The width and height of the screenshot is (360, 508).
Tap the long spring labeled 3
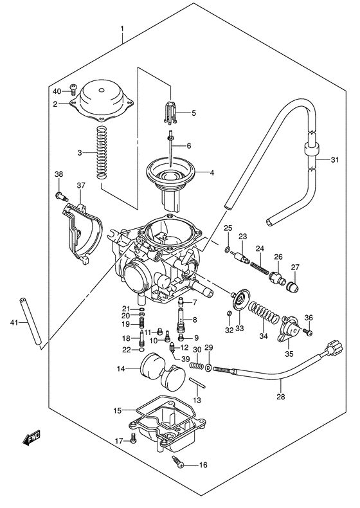click(100, 153)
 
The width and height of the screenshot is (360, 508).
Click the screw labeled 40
click(73, 92)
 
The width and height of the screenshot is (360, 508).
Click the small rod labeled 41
click(31, 321)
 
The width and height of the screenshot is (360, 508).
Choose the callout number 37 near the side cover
click(82, 186)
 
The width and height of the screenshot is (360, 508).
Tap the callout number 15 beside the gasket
click(117, 410)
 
